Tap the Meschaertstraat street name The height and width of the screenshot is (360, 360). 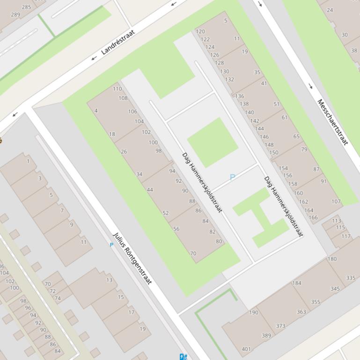[333, 122]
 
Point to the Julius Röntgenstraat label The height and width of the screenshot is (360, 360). [132, 259]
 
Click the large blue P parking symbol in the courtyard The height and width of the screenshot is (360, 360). [232, 177]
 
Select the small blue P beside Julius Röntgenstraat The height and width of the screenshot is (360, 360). [111, 245]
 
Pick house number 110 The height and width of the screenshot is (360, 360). [117, 89]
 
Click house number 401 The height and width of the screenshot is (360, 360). [246, 349]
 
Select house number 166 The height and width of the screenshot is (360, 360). [313, 217]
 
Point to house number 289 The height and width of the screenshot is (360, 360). [15, 14]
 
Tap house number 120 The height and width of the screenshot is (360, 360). [200, 32]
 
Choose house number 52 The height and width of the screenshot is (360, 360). [165, 213]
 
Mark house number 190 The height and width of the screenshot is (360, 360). [253, 312]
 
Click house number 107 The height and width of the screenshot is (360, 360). [336, 202]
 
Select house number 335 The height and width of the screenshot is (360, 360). [351, 278]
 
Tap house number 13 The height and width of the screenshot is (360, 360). [109, 280]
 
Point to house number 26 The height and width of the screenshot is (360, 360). [124, 151]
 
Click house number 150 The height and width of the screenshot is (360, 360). [274, 152]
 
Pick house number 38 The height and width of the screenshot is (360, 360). [354, 50]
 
